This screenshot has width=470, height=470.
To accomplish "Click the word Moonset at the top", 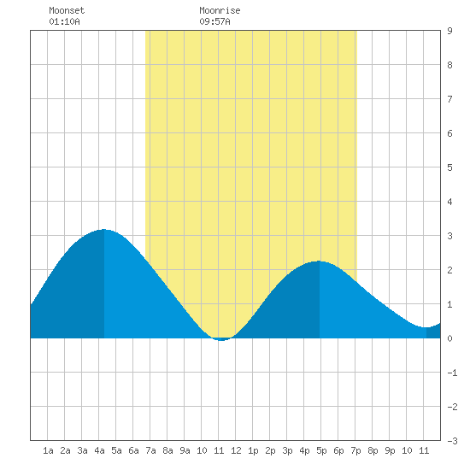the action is click(x=67, y=10).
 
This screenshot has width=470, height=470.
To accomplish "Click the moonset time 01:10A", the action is click(x=64, y=21).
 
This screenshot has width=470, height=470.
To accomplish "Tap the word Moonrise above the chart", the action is click(x=220, y=10).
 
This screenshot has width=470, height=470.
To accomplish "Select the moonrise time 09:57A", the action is click(x=214, y=21).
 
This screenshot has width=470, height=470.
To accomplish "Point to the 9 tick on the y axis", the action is click(x=449, y=31).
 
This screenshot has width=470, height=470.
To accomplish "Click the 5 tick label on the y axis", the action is click(x=449, y=167).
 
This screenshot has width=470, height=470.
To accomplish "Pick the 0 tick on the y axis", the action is click(x=449, y=338).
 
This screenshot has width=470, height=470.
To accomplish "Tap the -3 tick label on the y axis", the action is click(x=452, y=441).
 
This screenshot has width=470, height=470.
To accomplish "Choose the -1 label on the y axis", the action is click(x=452, y=373).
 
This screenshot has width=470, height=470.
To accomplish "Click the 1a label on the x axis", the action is click(x=48, y=450).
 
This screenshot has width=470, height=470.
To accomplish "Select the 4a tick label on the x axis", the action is click(x=99, y=450).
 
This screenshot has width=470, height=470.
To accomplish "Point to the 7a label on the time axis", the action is click(x=150, y=450).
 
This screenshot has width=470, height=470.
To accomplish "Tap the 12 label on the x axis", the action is click(x=236, y=450).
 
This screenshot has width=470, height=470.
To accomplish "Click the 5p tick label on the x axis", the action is click(x=321, y=450).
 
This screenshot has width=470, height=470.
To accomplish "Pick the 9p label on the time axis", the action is click(x=390, y=450).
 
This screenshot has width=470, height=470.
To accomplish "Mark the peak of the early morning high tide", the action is click(x=103, y=230).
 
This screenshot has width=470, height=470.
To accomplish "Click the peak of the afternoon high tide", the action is click(x=320, y=261).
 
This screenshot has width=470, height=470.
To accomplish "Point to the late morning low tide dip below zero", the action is click(x=221, y=340).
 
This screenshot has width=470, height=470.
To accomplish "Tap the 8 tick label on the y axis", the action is click(x=449, y=65).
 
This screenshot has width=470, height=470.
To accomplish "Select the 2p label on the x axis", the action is click(x=270, y=450).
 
